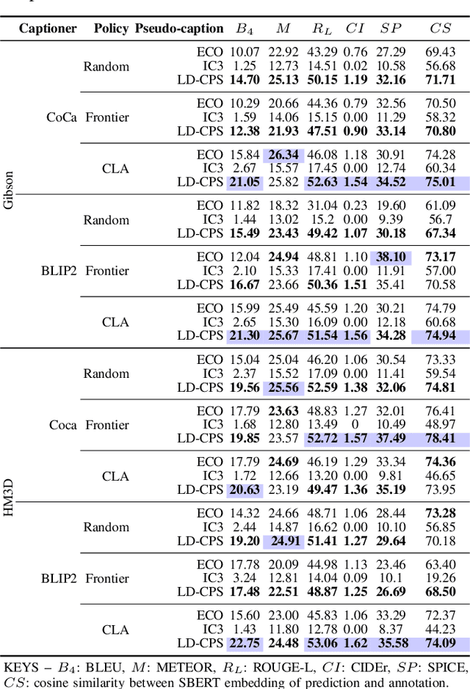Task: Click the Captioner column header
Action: (x=48, y=29)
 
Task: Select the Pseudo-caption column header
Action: (x=179, y=29)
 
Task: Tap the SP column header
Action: (x=391, y=29)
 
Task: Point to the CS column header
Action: (x=441, y=29)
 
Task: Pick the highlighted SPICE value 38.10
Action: (x=391, y=257)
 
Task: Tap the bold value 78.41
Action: (x=441, y=438)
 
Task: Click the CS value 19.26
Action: (x=441, y=578)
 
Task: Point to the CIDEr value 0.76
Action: (x=355, y=52)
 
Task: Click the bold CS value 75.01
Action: (x=441, y=182)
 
